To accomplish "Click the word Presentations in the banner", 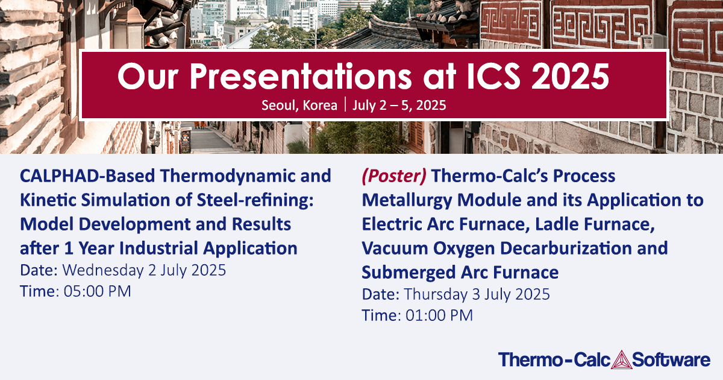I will pos(271,77).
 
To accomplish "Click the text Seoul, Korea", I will pos(299,106).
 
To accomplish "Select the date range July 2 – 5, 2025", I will pos(399,106).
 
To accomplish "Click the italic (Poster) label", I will pos(395,176).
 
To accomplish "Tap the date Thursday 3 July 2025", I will pos(477,294).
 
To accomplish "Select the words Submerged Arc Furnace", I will pos(460,273).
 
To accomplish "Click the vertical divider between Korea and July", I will pos(345,106).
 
